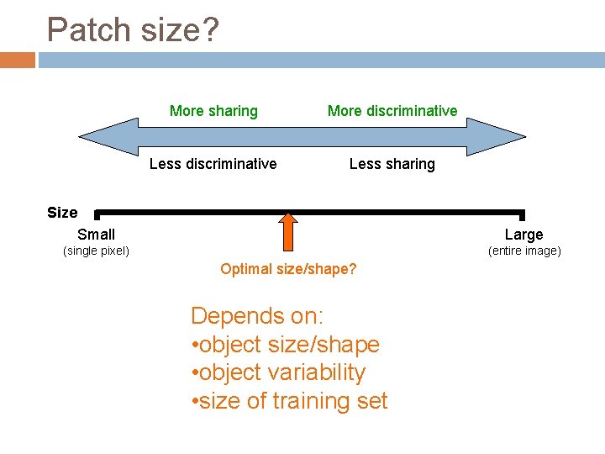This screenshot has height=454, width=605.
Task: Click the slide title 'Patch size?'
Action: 133,30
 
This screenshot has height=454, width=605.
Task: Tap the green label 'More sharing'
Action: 213,111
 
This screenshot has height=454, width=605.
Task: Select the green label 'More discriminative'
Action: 392,111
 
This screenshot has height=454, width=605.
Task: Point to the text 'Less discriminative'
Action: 213,164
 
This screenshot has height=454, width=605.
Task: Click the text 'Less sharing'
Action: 392,164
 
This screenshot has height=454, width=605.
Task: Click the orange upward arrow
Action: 288,231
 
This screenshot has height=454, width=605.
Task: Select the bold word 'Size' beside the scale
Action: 62,213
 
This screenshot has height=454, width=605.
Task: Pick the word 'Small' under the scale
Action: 96,235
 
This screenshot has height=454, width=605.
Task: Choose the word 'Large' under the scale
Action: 523,235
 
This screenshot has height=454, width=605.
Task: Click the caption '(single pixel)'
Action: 97,251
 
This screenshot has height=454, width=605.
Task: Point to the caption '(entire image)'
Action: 524,251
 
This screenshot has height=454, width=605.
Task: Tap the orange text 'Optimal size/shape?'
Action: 288,269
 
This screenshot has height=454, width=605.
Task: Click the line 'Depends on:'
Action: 257,316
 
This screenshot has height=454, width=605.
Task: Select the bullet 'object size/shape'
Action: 286,345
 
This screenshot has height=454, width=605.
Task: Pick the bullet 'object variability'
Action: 279,372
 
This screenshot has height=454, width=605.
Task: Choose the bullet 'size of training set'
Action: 290,401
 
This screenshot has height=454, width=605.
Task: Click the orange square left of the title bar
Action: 18,61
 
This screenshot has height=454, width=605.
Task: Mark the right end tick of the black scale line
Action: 523,216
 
